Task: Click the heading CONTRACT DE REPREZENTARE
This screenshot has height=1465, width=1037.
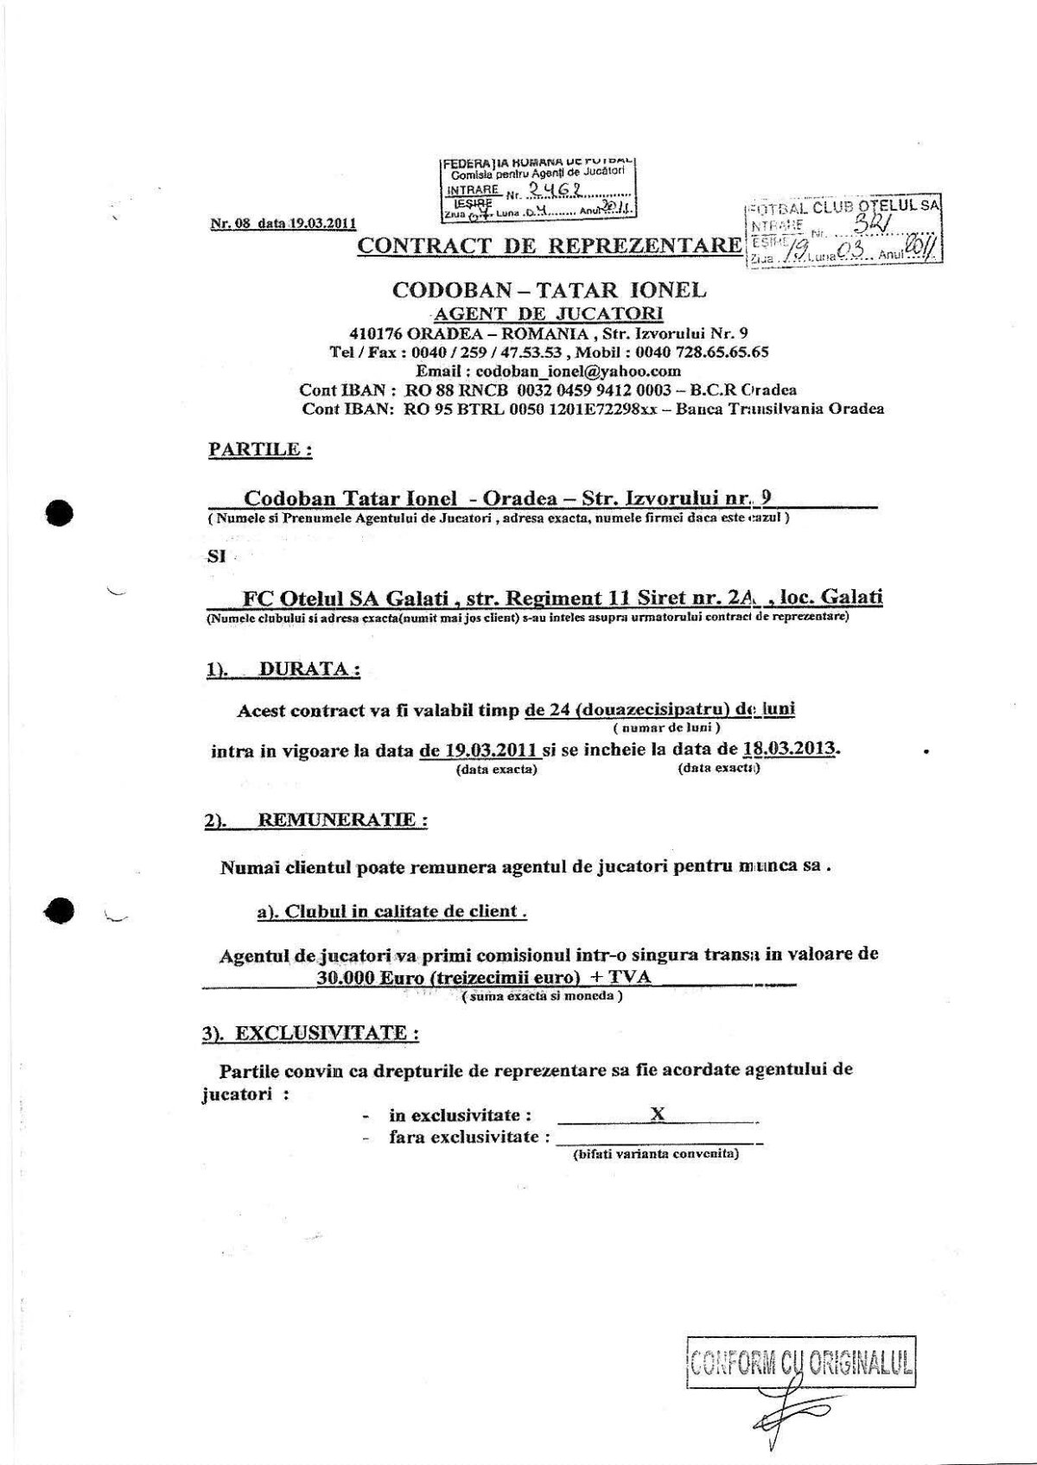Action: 549,244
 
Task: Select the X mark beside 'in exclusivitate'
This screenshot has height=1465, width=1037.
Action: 657,1113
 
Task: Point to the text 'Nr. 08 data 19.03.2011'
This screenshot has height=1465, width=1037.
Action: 283,222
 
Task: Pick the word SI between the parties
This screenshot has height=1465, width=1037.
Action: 216,557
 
